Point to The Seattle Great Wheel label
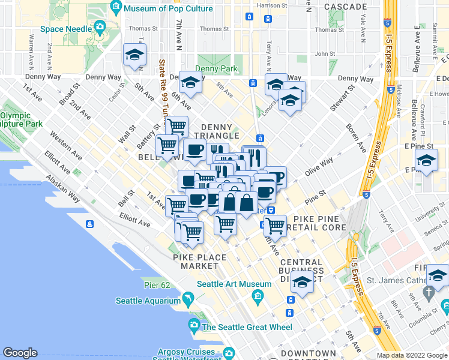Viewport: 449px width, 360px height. (247, 327)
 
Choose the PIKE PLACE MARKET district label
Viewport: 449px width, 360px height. (200, 262)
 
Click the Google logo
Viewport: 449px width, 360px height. (20, 353)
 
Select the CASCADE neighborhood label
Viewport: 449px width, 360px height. (345, 7)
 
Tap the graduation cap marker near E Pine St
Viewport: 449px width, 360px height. (426, 161)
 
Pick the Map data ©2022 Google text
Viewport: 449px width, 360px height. (412, 355)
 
